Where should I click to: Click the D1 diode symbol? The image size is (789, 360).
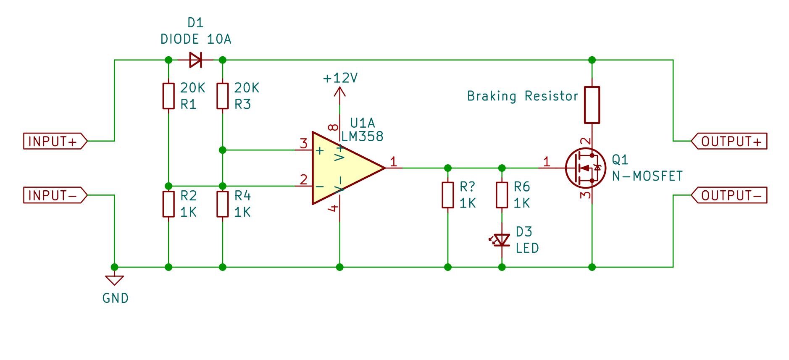pyautogui.click(x=195, y=60)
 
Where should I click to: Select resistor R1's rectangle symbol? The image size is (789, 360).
pyautogui.click(x=168, y=96)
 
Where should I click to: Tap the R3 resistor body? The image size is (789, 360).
pyautogui.click(x=223, y=96)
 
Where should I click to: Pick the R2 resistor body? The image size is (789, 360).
pyautogui.click(x=168, y=204)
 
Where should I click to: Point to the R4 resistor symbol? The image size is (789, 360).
pyautogui.click(x=223, y=204)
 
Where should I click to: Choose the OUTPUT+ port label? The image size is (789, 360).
pyautogui.click(x=729, y=141)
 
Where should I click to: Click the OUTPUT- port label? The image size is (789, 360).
pyautogui.click(x=729, y=195)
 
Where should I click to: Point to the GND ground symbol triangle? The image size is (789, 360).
pyautogui.click(x=114, y=280)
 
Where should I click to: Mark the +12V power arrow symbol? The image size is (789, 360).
pyautogui.click(x=339, y=92)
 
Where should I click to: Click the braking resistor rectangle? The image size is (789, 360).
pyautogui.click(x=592, y=105)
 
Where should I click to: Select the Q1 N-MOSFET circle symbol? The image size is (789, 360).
pyautogui.click(x=585, y=168)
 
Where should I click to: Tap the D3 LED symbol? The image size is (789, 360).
pyautogui.click(x=502, y=240)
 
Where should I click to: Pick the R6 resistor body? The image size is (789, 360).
pyautogui.click(x=502, y=195)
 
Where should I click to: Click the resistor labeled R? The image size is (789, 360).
pyautogui.click(x=448, y=195)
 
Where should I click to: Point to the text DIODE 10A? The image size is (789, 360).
pyautogui.click(x=196, y=39)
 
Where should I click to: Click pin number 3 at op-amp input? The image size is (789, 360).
pyautogui.click(x=303, y=144)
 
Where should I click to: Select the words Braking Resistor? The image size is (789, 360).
pyautogui.click(x=523, y=96)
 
